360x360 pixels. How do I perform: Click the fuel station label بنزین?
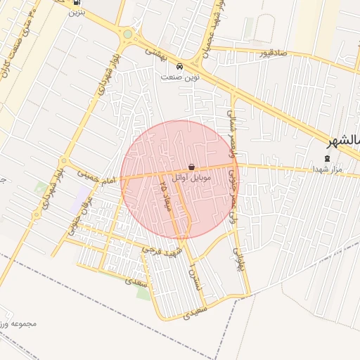tap(77, 13)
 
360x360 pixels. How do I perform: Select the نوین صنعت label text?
tap(181, 77)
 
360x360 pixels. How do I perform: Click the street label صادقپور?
tap(271, 53)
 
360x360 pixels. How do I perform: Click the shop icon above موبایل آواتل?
tap(191, 167)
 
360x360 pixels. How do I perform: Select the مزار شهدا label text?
tap(328, 169)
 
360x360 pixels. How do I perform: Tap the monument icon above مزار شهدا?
tap(327, 158)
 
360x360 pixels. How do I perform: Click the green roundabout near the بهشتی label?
tap(127, 34)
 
